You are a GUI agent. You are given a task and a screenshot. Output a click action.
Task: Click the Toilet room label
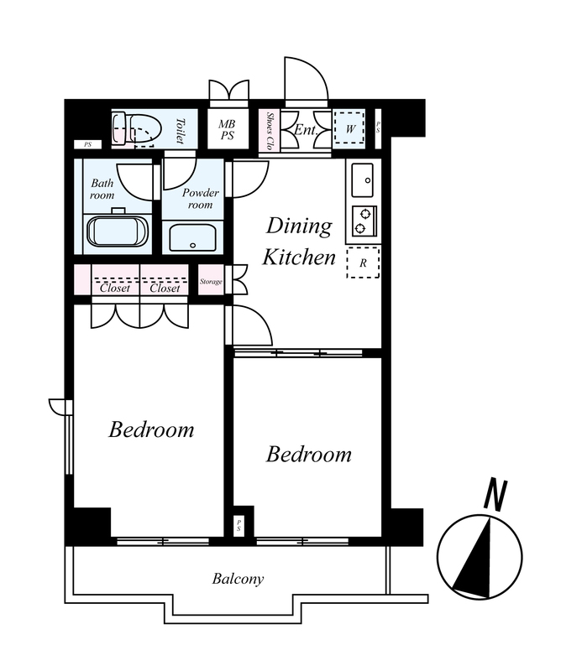click(180, 131)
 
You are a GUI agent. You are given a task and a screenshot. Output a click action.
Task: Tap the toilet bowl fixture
click(137, 129)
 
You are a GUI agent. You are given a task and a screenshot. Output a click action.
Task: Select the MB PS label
click(227, 130)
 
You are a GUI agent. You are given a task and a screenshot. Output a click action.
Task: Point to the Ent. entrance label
click(306, 130)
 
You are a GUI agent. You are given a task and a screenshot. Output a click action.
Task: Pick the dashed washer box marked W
click(349, 128)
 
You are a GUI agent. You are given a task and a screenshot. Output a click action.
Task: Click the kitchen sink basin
click(363, 180)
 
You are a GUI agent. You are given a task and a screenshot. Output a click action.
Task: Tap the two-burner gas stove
click(364, 221)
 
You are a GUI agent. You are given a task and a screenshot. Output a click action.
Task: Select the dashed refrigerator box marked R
click(363, 263)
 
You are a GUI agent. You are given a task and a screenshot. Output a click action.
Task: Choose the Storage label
click(211, 282)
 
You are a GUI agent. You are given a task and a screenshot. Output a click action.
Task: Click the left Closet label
click(115, 288)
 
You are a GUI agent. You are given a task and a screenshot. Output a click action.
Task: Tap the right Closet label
click(165, 288)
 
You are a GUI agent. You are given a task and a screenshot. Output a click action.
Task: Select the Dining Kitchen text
click(299, 242)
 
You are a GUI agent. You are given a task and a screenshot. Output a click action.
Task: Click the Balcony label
click(238, 580)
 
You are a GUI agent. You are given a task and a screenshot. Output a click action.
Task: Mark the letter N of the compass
click(495, 495)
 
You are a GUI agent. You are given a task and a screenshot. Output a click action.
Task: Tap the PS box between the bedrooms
click(239, 526)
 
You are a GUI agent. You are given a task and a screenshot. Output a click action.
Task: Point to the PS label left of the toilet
click(88, 144)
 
